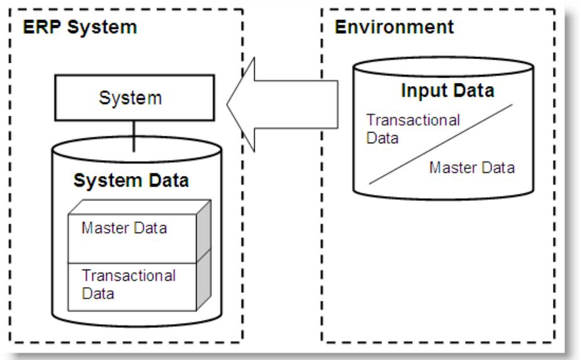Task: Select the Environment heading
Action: pyautogui.click(x=394, y=28)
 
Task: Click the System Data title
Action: pyautogui.click(x=131, y=181)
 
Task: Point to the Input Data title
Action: pyautogui.click(x=447, y=90)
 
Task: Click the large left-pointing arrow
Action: pyautogui.click(x=283, y=104)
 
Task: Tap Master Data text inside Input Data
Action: pyautogui.click(x=472, y=168)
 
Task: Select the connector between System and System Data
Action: pyautogui.click(x=133, y=136)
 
